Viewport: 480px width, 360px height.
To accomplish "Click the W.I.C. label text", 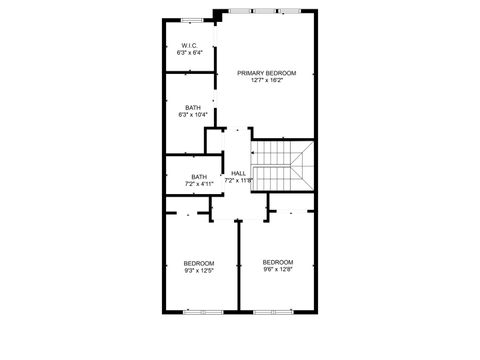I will pyautogui.click(x=191, y=45).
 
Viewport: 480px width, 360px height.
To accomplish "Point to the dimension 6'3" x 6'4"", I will pyautogui.click(x=191, y=52).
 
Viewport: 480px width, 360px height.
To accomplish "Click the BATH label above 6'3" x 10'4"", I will pyautogui.click(x=192, y=107).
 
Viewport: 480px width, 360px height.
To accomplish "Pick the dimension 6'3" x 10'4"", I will pyautogui.click(x=192, y=114).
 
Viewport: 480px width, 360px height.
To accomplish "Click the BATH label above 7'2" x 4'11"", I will pyautogui.click(x=199, y=177).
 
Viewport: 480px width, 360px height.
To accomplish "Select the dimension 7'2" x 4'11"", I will pyautogui.click(x=199, y=184).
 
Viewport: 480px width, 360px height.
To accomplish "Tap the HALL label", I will pyautogui.click(x=238, y=173).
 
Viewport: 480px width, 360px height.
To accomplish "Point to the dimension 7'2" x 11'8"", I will pyautogui.click(x=238, y=181).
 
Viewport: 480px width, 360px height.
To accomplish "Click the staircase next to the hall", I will pyautogui.click(x=281, y=166).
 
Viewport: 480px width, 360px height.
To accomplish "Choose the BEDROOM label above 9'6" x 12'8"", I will pyautogui.click(x=278, y=262).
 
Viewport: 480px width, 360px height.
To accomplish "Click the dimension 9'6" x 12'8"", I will pyautogui.click(x=278, y=269).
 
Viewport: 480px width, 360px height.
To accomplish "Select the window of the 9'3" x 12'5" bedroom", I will pyautogui.click(x=200, y=313).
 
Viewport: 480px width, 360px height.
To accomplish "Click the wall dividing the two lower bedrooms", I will pyautogui.click(x=238, y=270).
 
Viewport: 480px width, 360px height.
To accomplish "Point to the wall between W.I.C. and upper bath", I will pyautogui.click(x=190, y=70).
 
